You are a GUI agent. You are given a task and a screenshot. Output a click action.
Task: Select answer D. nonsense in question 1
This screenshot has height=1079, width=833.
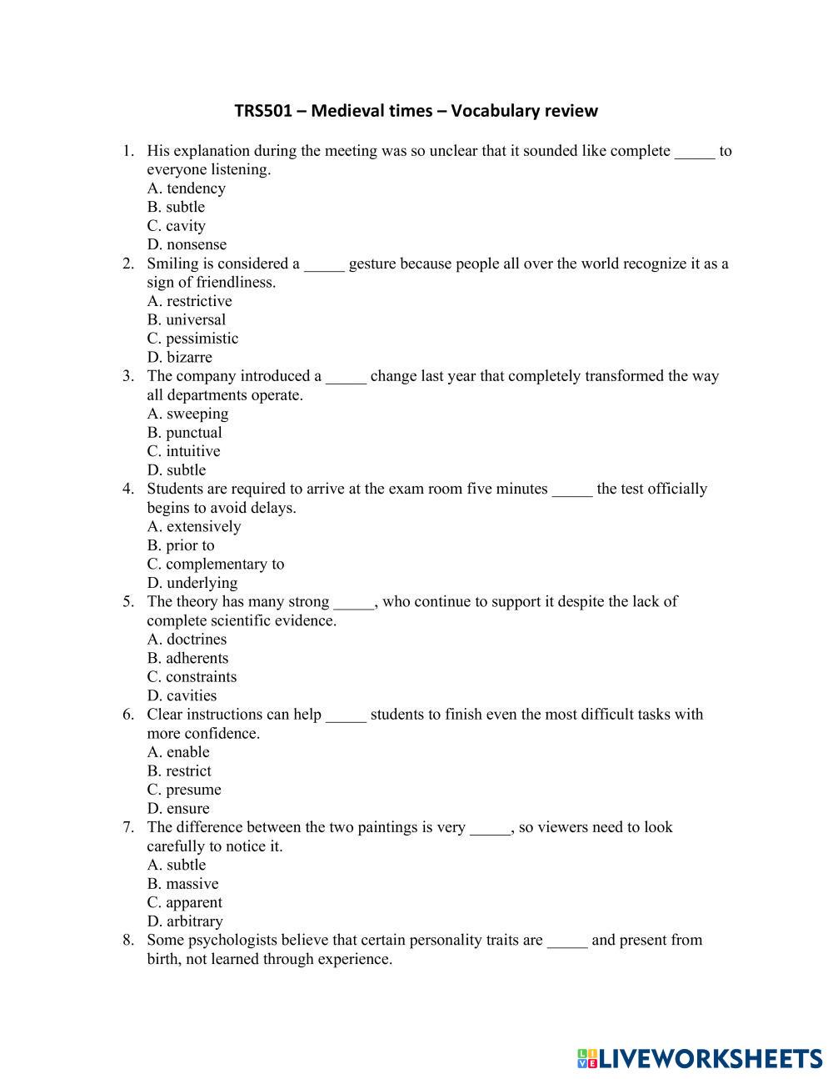187,244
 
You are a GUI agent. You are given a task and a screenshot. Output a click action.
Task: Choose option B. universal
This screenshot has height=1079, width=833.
187,319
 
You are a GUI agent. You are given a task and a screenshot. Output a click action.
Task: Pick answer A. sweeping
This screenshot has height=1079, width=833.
187,414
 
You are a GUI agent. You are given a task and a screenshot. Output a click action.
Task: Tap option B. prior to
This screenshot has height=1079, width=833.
181,545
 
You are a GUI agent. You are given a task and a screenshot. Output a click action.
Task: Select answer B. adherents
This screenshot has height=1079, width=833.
187,658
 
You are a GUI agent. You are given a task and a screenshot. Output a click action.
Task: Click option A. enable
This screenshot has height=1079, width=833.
178,752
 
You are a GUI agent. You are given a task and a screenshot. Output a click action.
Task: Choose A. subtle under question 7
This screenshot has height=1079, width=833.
177,865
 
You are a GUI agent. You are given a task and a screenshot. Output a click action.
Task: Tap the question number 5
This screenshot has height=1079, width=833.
128,602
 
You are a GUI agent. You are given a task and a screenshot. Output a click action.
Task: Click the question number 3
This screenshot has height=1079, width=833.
128,376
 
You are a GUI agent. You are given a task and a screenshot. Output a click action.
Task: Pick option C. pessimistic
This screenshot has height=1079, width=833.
192,339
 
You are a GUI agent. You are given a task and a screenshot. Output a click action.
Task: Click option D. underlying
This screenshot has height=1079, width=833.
192,583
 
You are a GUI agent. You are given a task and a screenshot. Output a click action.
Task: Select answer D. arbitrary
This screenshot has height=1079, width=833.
185,921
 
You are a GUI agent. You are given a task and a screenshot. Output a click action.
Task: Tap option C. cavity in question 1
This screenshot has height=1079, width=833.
177,226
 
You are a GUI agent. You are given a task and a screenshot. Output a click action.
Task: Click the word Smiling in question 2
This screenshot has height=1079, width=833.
172,263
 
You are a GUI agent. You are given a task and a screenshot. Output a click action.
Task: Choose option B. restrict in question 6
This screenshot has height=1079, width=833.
179,771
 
